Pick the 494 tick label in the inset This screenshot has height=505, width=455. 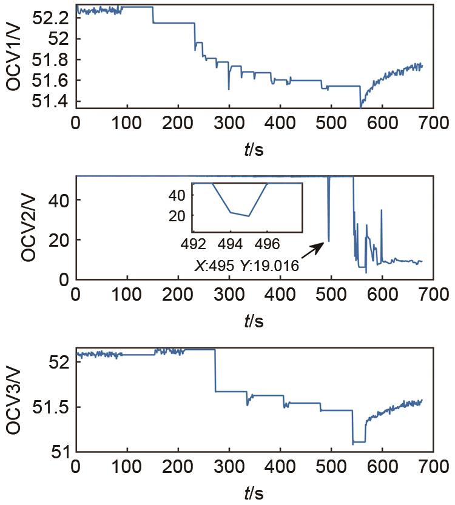pos(230,243)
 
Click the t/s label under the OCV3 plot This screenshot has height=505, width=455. pos(254,492)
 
